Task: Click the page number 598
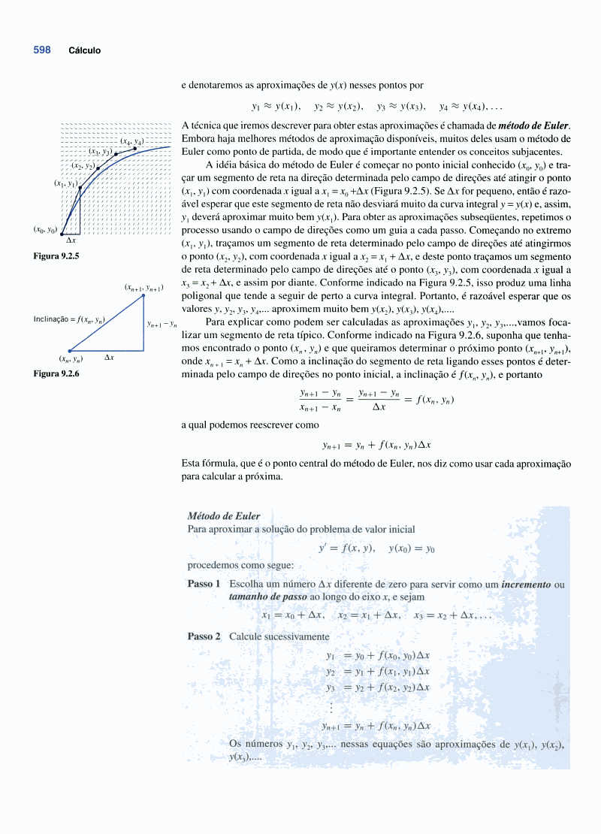42,50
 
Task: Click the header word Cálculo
84,51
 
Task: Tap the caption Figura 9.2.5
56,256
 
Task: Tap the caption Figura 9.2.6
56,373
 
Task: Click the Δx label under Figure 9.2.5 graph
71,240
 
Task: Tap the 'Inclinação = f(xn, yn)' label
69,319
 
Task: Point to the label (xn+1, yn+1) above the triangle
143,287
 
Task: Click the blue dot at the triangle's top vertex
143,295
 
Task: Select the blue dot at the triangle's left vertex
70,351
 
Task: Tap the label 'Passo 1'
204,584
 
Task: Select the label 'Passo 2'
204,636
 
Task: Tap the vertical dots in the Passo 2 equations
331,708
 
